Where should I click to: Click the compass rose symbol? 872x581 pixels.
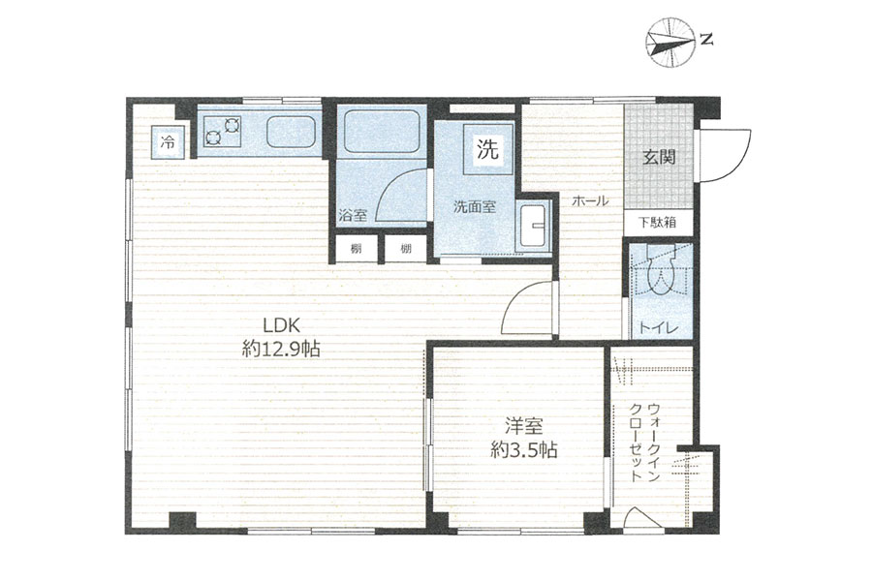(669, 43)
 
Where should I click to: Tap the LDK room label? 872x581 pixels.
(281, 324)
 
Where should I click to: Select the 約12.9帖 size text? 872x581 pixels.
(281, 349)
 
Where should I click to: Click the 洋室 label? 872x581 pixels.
(523, 426)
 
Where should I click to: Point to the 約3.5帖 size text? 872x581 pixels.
(523, 449)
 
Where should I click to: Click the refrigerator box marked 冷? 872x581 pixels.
(168, 142)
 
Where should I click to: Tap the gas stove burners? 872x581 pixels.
(223, 132)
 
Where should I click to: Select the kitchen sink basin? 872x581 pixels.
(290, 132)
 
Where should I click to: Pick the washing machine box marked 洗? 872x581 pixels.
(487, 149)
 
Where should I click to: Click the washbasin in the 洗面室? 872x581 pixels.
(533, 227)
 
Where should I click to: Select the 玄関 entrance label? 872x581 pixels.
(659, 157)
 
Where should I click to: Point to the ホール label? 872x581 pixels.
(590, 201)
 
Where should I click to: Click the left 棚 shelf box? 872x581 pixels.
(356, 249)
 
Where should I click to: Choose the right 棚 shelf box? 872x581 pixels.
(406, 249)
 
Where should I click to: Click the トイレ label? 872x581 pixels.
(659, 328)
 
